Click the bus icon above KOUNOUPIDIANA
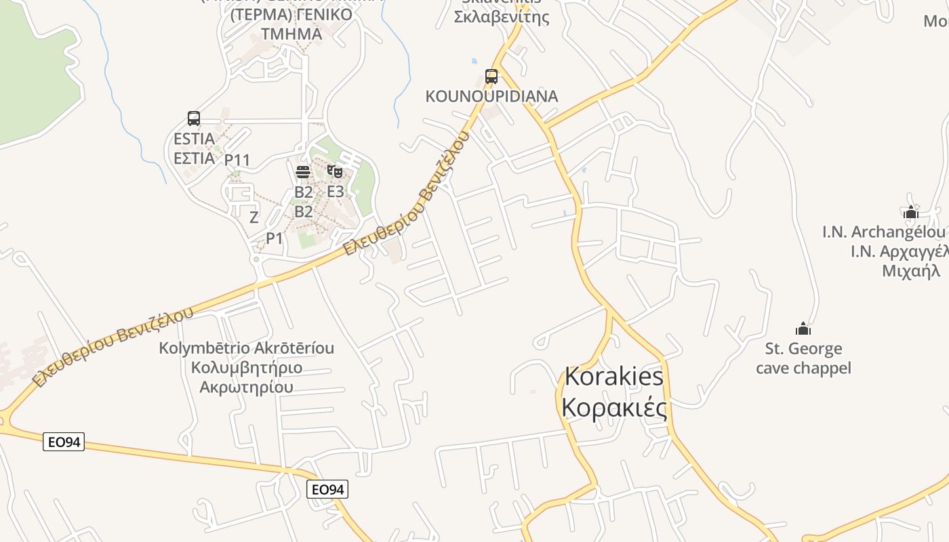click(x=491, y=77)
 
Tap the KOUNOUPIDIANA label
click(x=491, y=96)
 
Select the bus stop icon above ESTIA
click(x=194, y=119)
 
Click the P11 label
click(x=237, y=161)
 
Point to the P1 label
click(x=274, y=238)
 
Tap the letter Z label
click(x=254, y=217)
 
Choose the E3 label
click(x=336, y=191)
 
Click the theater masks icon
click(x=334, y=171)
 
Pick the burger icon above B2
click(x=303, y=172)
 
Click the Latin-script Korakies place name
click(x=613, y=376)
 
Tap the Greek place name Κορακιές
click(x=614, y=408)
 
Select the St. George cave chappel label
click(x=803, y=358)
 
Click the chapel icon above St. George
click(x=803, y=329)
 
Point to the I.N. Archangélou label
click(x=883, y=232)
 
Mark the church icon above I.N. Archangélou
click(x=911, y=213)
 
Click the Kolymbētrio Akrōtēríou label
click(x=247, y=348)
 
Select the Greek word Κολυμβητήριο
click(x=247, y=368)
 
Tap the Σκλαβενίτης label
click(x=502, y=17)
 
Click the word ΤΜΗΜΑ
click(x=291, y=34)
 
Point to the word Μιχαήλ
click(x=910, y=271)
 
